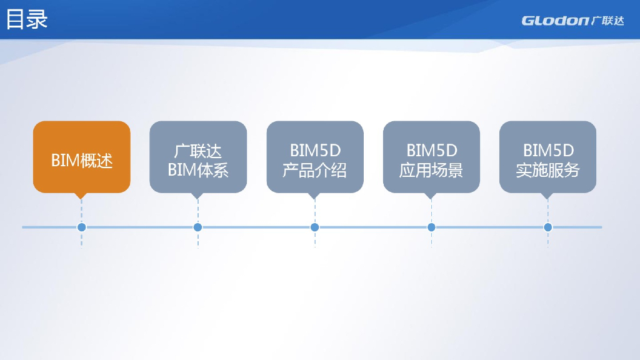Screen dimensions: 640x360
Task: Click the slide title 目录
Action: pos(27,19)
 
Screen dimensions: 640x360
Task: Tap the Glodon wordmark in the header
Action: pos(554,21)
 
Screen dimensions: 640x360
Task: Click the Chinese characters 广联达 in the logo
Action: pos(607,21)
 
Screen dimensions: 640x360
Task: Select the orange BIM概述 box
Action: pos(82,157)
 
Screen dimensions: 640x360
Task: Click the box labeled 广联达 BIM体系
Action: pos(198,157)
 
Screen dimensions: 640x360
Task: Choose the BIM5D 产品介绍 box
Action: pos(315,157)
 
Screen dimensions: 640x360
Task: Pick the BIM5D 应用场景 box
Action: pos(431,157)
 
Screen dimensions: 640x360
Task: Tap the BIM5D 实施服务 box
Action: pos(547,157)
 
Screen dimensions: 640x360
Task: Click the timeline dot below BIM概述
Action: pos(81,227)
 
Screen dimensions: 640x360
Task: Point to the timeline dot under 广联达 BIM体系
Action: pos(198,227)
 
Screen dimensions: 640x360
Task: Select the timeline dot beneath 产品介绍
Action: pos(314,227)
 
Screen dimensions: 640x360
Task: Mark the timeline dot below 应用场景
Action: pos(431,227)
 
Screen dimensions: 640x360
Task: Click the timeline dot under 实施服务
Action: pos(547,227)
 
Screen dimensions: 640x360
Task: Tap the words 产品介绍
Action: pos(314,171)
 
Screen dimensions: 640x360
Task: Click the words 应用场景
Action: pos(431,171)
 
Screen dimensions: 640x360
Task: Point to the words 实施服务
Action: pos(547,171)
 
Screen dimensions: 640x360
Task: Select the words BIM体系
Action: pos(198,171)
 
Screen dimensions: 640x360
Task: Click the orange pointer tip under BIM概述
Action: pos(80,196)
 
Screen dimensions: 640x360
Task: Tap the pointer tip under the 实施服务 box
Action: pos(547,196)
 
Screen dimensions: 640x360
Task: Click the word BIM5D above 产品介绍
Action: pos(315,151)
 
